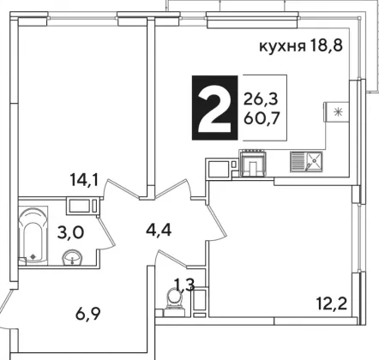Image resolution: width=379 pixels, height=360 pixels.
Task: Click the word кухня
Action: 282,46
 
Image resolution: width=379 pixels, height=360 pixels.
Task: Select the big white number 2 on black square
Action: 214,108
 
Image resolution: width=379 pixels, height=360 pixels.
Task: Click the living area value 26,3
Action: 261,100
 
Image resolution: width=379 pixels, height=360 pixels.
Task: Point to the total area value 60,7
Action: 262,117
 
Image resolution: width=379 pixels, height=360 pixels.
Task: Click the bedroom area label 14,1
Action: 84,180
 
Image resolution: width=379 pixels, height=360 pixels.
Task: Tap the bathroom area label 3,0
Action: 70,233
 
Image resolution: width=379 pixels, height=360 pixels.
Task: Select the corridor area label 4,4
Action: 159,231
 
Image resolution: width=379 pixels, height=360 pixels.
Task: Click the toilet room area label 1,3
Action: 184,285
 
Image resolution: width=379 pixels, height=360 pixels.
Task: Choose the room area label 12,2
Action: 332,303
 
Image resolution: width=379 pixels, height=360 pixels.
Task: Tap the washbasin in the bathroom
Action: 72,257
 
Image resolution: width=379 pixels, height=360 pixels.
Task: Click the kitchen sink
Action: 306,162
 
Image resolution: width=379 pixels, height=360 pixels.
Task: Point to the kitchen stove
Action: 253,164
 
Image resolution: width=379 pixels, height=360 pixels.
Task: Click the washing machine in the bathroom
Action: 83,206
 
